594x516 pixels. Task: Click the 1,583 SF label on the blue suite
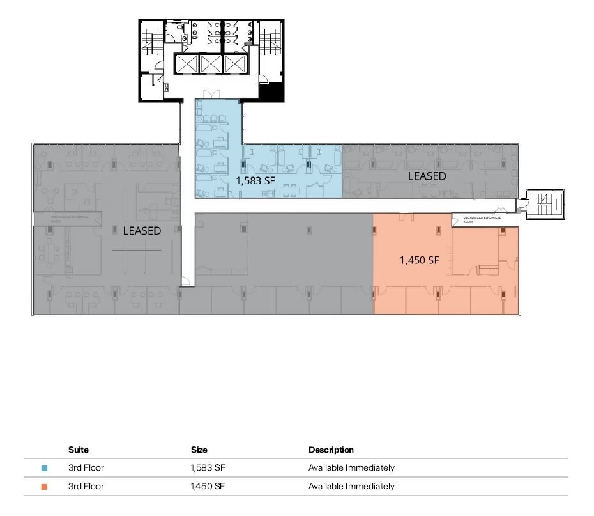(x=255, y=180)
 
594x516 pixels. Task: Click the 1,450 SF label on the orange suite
(x=419, y=260)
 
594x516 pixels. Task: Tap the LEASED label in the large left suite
(x=142, y=231)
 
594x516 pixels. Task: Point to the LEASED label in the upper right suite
(x=427, y=175)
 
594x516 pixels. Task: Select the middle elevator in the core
(x=211, y=63)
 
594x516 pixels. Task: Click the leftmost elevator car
(x=187, y=63)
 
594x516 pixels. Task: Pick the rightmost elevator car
(x=235, y=63)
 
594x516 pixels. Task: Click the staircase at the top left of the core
(x=153, y=42)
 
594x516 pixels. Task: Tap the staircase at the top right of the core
(x=270, y=42)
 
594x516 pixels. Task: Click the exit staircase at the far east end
(x=544, y=205)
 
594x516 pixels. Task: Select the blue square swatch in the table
(x=44, y=468)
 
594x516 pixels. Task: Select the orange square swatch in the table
(x=44, y=487)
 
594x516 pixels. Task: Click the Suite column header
(x=79, y=450)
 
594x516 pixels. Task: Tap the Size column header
(x=199, y=450)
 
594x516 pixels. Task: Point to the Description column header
(x=331, y=450)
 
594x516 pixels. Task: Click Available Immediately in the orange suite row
(x=351, y=487)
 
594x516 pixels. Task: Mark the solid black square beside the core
(x=271, y=92)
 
